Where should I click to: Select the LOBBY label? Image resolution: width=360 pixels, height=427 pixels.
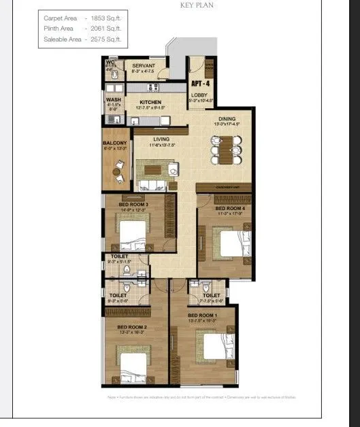point(199,96)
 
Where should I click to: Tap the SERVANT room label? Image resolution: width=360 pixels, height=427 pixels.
point(144,65)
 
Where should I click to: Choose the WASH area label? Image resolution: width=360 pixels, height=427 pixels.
point(113,99)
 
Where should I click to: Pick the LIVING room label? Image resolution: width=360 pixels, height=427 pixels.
point(161,139)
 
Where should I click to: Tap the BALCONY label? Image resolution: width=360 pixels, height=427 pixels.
point(113,143)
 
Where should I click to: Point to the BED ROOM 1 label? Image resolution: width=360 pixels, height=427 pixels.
point(202,315)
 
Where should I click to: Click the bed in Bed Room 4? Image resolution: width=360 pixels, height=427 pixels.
point(228,241)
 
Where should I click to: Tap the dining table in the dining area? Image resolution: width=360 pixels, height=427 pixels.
point(225,148)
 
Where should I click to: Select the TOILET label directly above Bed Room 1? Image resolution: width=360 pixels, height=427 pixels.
point(211,296)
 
